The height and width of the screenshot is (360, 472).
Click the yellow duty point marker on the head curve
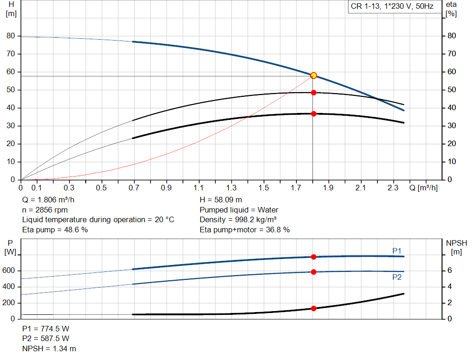(x=313, y=75)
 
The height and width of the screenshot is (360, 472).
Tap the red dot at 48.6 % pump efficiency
(x=313, y=93)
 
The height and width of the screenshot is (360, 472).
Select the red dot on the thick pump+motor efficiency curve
(x=313, y=113)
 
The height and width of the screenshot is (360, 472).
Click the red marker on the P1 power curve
(x=313, y=257)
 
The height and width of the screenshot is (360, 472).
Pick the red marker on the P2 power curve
(x=313, y=272)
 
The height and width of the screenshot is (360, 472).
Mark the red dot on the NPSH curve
(x=313, y=308)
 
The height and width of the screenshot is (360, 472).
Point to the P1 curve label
(x=397, y=251)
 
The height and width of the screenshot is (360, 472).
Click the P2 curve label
(x=397, y=277)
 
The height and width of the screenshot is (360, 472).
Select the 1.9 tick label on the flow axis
(x=328, y=188)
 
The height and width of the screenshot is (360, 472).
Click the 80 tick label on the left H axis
(x=11, y=36)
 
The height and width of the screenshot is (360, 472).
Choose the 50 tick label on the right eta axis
(x=452, y=90)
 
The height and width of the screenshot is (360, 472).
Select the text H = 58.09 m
(x=221, y=200)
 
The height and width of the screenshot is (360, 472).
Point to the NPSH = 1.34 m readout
(x=49, y=348)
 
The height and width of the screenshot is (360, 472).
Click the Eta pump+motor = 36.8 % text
(x=245, y=230)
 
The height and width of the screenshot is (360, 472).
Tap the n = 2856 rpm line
(x=45, y=210)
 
